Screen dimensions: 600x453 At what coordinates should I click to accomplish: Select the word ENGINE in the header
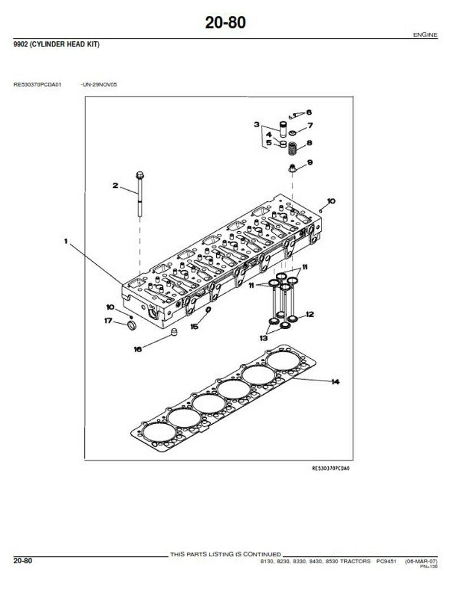point(425,35)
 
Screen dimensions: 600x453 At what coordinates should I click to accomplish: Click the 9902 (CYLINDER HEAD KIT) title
point(57,45)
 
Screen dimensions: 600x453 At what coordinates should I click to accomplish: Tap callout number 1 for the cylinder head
point(66,241)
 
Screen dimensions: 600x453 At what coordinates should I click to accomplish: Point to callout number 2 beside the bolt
point(115,185)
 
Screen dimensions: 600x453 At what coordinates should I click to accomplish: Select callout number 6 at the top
point(309,112)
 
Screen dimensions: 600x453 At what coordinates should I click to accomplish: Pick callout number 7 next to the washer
point(310,125)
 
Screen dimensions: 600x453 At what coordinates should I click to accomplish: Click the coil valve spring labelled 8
point(293,149)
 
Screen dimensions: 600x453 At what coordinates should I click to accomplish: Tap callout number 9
point(310,163)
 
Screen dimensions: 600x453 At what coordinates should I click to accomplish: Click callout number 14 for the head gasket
point(335,382)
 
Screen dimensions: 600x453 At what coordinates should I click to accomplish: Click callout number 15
point(194,326)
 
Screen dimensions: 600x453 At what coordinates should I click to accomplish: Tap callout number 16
point(138,349)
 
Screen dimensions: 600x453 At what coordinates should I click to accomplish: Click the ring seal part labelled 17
point(131,326)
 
